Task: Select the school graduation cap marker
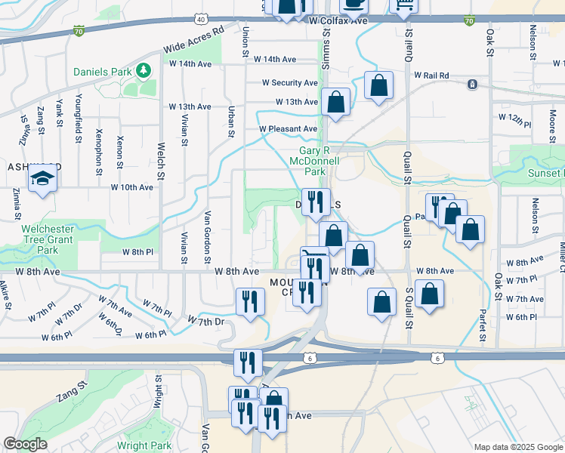[41, 180]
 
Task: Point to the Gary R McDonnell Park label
[315, 160]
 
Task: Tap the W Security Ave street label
[290, 83]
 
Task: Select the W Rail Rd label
[431, 75]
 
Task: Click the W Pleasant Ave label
[289, 129]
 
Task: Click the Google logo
[25, 444]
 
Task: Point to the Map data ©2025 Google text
[517, 447]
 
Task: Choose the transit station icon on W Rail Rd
[472, 84]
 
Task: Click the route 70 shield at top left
[79, 31]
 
